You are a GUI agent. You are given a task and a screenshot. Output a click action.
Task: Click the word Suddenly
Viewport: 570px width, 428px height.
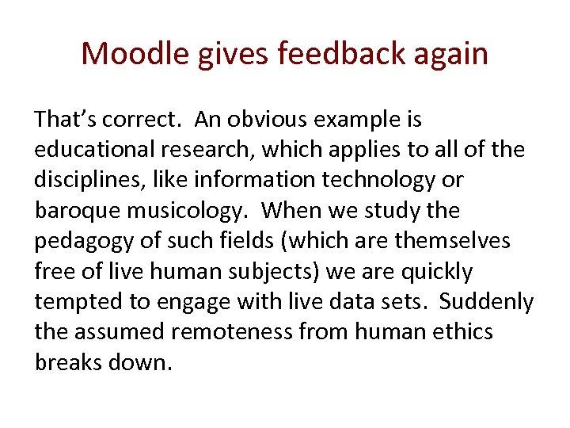click(x=487, y=302)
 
